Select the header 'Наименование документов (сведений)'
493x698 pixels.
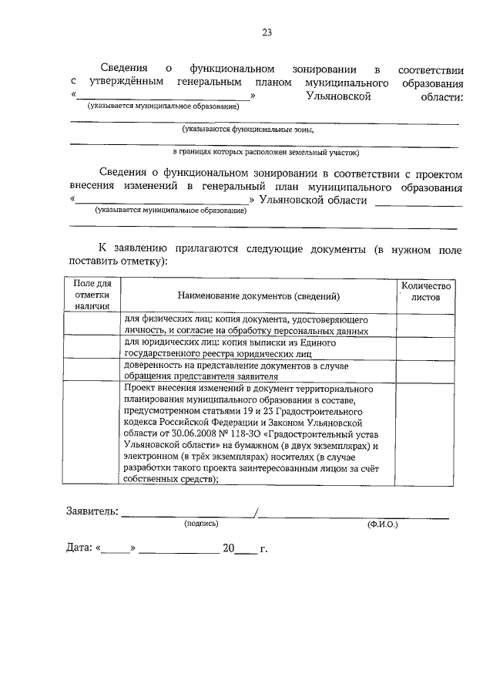click(258, 296)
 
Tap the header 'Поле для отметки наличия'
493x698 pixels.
click(92, 295)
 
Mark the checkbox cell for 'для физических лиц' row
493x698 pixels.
click(92, 325)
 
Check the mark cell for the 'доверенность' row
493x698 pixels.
click(92, 370)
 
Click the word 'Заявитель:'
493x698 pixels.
click(92, 511)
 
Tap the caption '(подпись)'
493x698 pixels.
click(201, 524)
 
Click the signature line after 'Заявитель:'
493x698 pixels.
click(189, 514)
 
